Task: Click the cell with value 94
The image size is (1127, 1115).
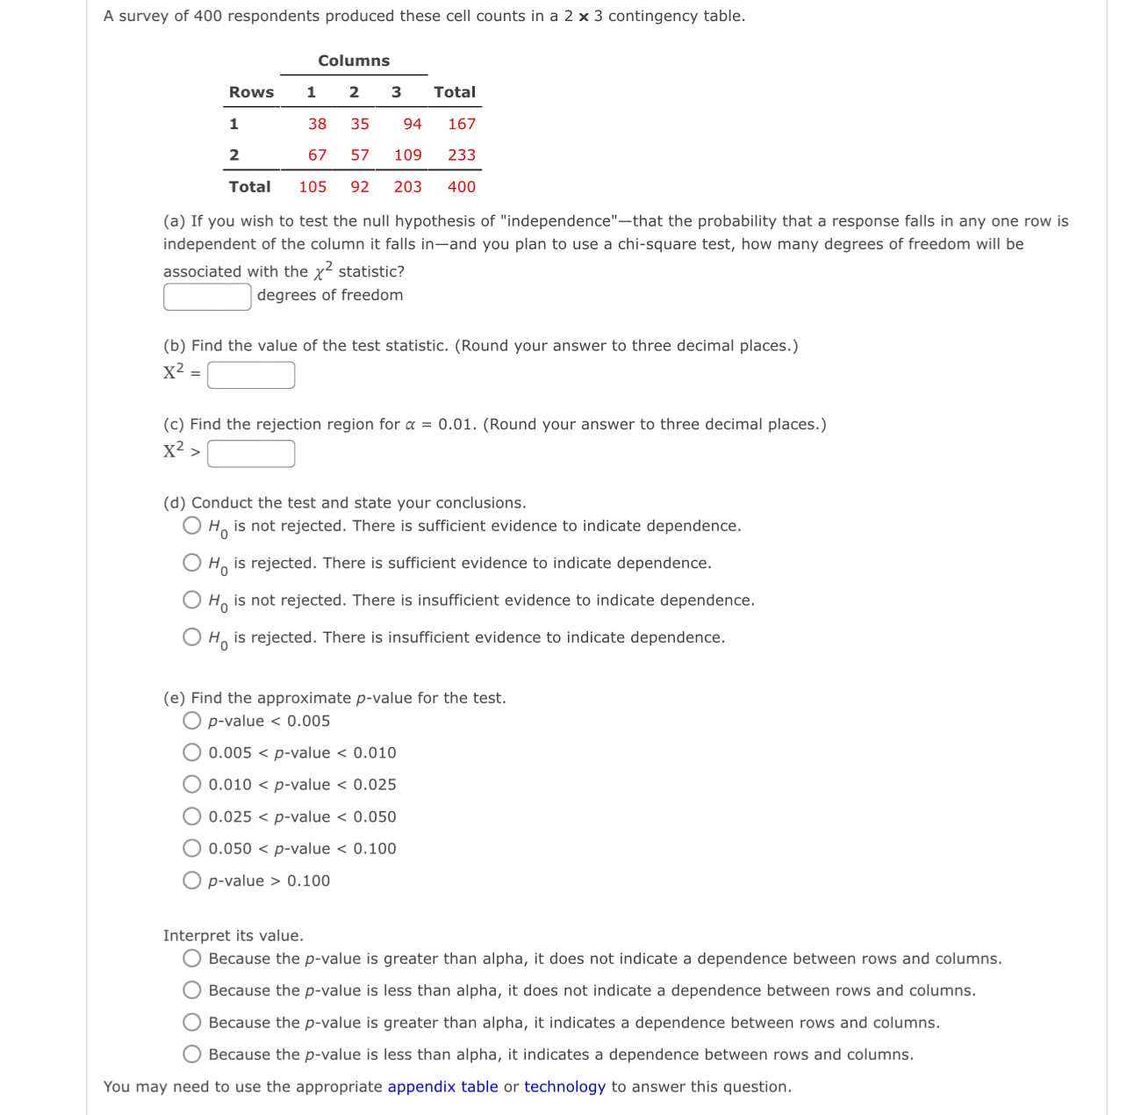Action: (412, 124)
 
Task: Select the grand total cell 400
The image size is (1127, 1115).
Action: (461, 186)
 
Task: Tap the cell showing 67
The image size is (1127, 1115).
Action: (317, 155)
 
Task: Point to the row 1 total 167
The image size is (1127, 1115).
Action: (461, 124)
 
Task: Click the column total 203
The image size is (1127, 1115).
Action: (407, 186)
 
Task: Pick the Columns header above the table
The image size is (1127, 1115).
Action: (354, 61)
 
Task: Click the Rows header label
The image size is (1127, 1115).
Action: (251, 92)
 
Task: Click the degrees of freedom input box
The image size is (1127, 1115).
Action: (207, 297)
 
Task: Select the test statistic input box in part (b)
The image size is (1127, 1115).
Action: (251, 375)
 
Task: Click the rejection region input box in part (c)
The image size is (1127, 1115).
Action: (251, 454)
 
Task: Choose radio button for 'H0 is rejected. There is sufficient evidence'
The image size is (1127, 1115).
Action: (192, 563)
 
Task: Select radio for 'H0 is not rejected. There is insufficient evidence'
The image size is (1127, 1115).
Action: (192, 600)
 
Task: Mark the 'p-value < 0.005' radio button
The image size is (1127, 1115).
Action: (192, 721)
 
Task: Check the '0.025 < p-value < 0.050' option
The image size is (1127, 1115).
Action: (192, 816)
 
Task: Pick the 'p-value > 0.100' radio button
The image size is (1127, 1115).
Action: (192, 881)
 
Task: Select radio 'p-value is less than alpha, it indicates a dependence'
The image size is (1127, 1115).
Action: (192, 1054)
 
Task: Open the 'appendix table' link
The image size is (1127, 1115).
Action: (442, 1087)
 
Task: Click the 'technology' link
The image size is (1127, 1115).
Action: (564, 1087)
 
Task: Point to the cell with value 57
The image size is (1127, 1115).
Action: (360, 155)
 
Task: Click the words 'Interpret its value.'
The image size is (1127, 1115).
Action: (233, 936)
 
